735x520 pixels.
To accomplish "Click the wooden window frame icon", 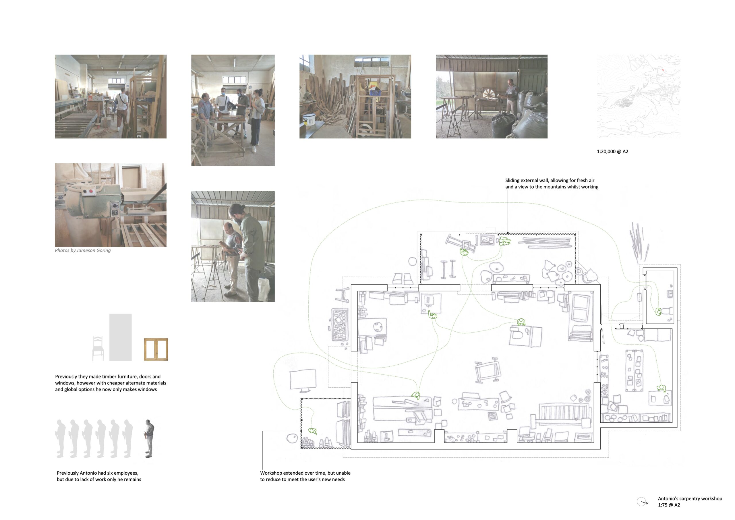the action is coord(156,349).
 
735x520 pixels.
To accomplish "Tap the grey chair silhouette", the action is coord(98,349).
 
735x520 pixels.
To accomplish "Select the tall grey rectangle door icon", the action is coord(120,337).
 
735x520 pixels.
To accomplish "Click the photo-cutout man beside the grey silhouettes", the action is coord(149,438).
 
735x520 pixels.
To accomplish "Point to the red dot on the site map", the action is coord(663,70).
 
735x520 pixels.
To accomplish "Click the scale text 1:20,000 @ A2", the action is coord(612,151).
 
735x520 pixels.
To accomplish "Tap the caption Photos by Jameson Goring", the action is coord(83,250).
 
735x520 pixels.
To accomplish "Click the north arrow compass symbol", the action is coord(641,501).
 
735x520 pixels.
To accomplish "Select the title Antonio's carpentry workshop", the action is coord(690,498).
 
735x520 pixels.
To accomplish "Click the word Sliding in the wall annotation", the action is coord(512,180).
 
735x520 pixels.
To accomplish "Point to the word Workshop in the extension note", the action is coord(271,473).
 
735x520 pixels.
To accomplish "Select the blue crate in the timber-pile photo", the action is coord(375,92).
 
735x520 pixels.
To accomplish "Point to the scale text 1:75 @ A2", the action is coord(669,505).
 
